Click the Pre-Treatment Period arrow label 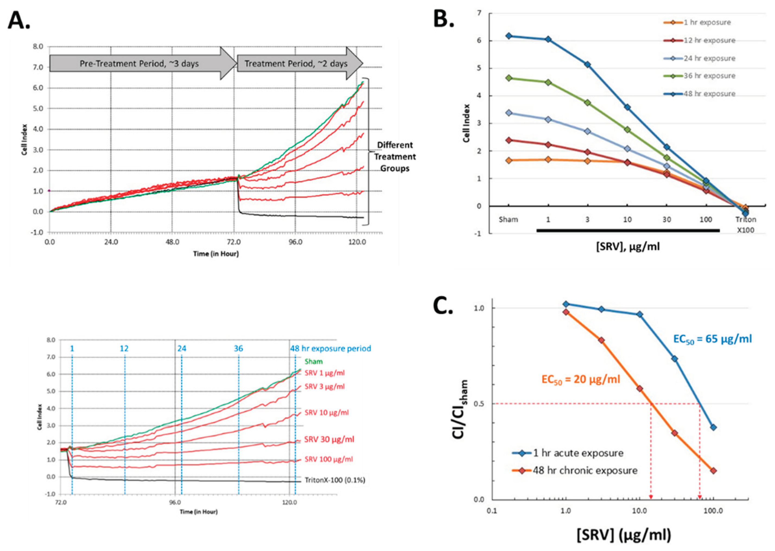click(x=139, y=64)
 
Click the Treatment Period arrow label click(x=296, y=64)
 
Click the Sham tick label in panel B click(x=509, y=220)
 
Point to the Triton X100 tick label click(x=745, y=225)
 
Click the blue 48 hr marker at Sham click(x=509, y=36)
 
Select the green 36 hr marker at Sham click(x=509, y=78)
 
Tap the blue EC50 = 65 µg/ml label click(x=712, y=339)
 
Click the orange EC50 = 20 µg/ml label click(x=581, y=379)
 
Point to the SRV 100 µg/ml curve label click(x=328, y=459)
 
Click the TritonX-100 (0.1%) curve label click(x=335, y=480)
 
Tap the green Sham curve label click(x=313, y=361)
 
